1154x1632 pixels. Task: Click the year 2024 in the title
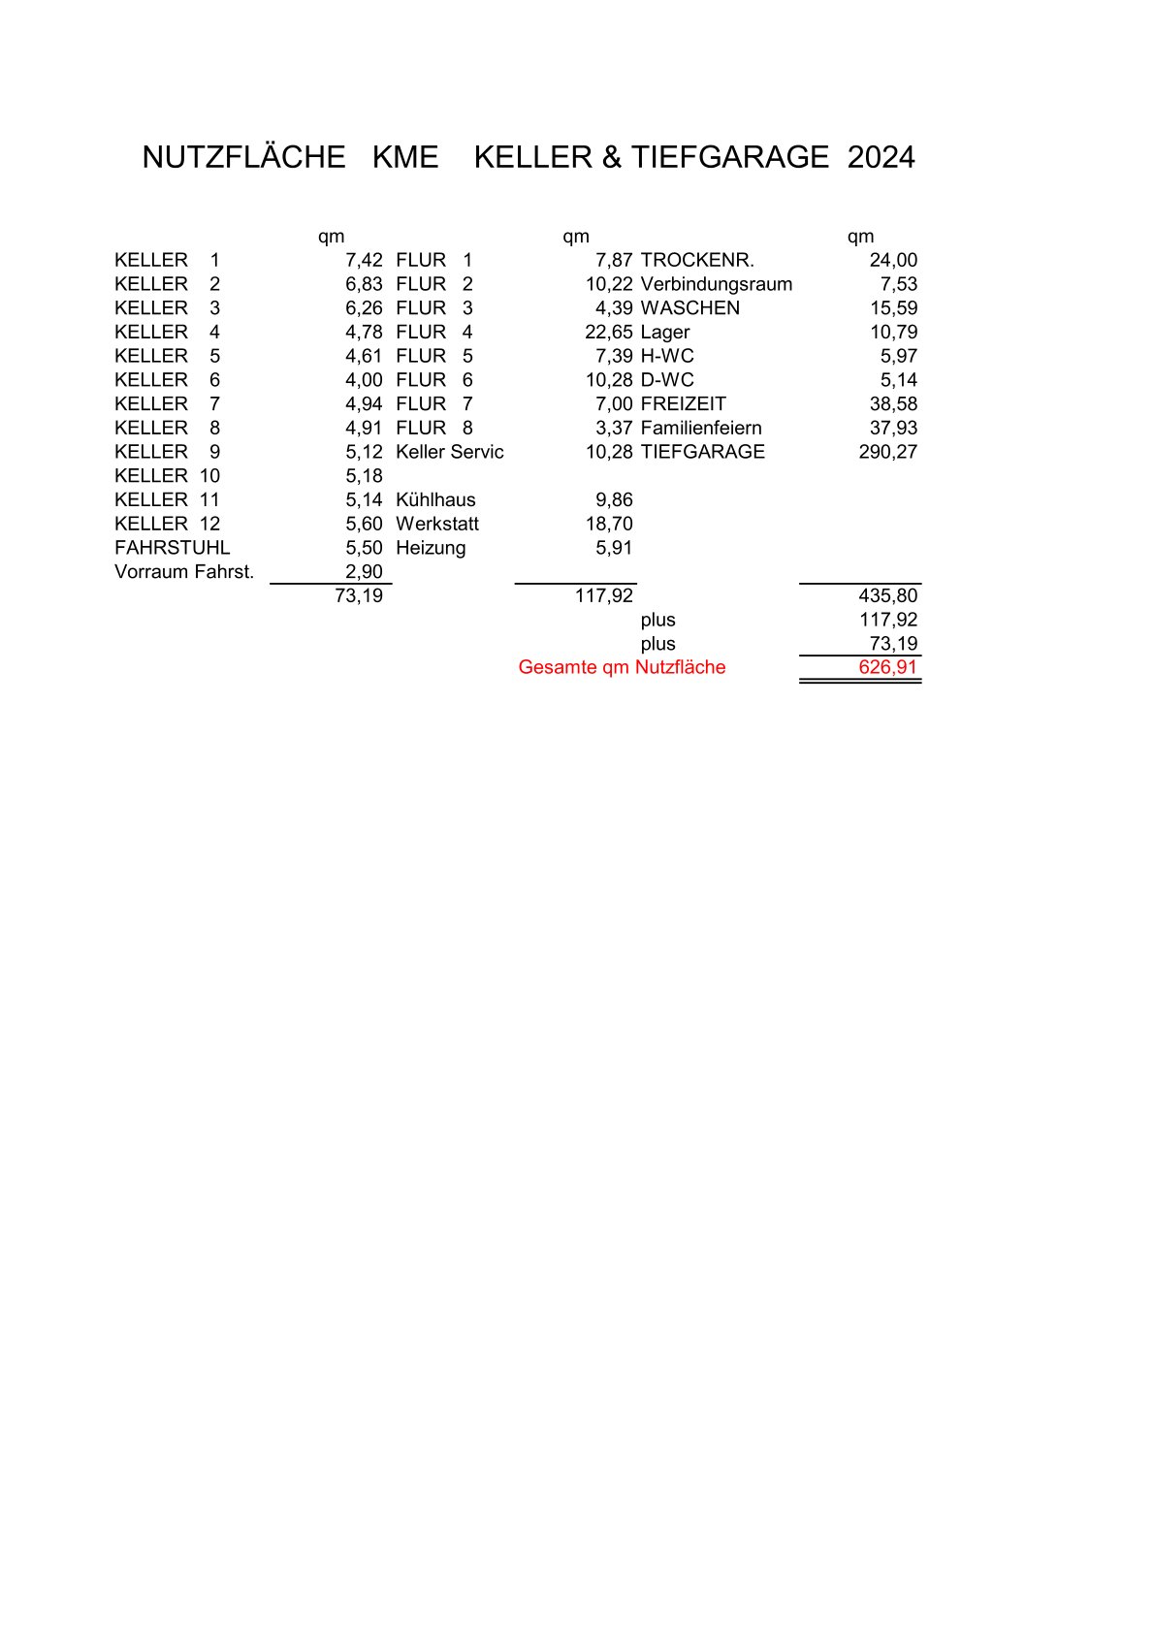(x=881, y=157)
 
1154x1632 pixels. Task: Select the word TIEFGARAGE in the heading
(x=729, y=157)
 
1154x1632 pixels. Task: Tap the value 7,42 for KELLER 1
(x=364, y=260)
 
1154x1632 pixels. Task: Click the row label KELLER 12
(x=167, y=524)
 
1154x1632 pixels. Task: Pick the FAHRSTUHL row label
(x=172, y=548)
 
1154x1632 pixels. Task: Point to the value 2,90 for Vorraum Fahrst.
(x=364, y=572)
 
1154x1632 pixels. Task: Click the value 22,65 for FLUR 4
(x=608, y=332)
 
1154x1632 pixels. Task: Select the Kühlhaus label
(x=435, y=500)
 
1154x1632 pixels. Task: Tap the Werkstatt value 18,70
(x=609, y=524)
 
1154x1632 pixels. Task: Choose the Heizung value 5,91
(x=614, y=548)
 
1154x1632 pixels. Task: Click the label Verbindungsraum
(x=716, y=284)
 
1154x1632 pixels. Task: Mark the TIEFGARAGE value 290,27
(x=887, y=452)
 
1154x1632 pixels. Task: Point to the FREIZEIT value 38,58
(x=893, y=404)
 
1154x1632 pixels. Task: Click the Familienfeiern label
(x=700, y=428)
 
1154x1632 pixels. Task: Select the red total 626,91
(x=887, y=667)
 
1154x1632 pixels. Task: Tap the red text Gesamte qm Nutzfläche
(x=622, y=667)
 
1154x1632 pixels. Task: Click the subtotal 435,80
(x=887, y=595)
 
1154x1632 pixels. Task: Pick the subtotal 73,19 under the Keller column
(x=359, y=595)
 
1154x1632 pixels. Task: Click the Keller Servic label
(x=449, y=452)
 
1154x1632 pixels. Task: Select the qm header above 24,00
(x=860, y=237)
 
